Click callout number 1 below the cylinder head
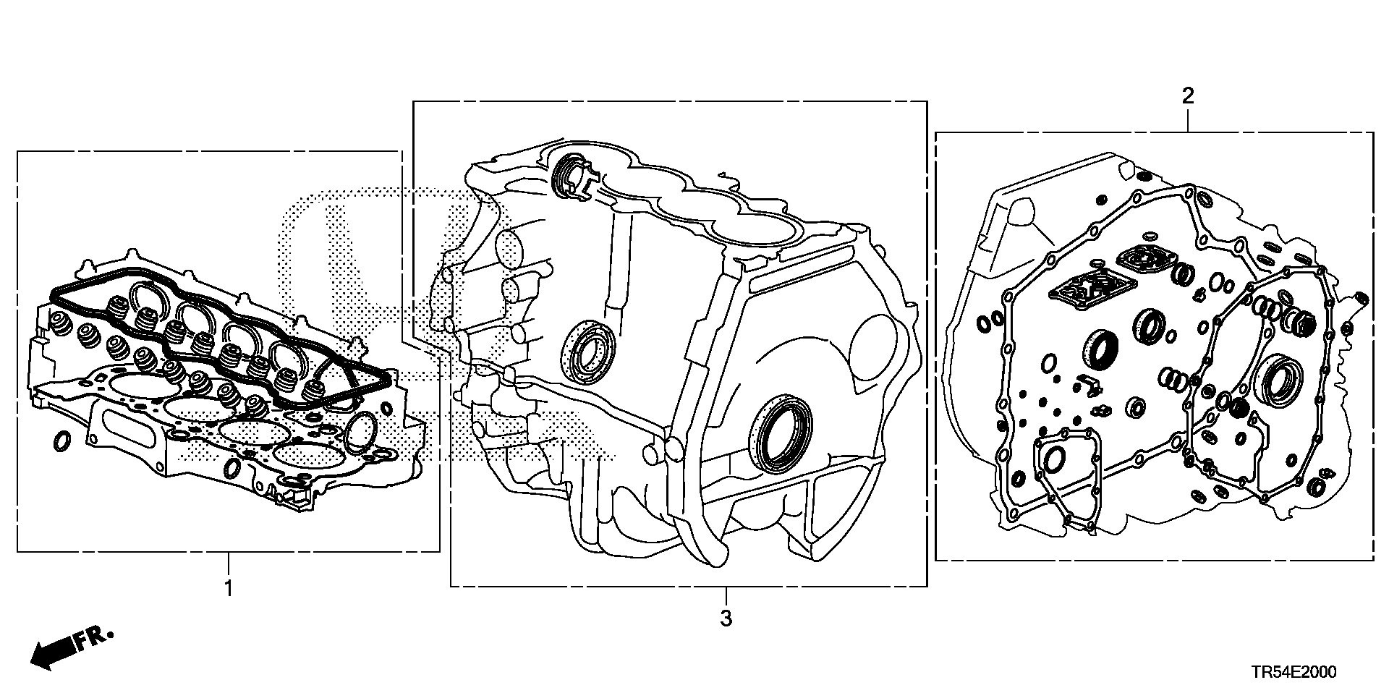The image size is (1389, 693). click(229, 588)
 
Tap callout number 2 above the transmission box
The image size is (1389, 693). click(1187, 95)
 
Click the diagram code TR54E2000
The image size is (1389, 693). click(1294, 672)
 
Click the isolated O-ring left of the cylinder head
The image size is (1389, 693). click(63, 440)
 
